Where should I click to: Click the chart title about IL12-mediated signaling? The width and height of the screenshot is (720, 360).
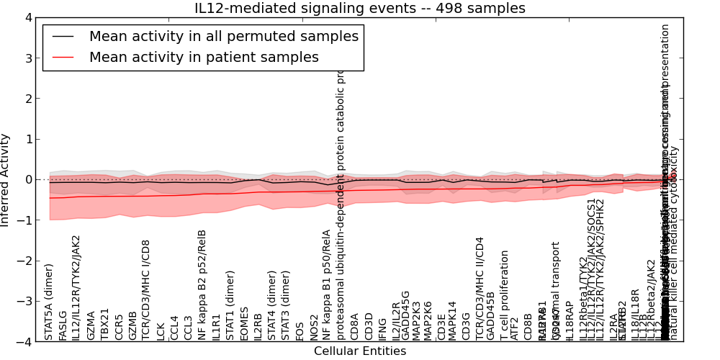pyautogui.click(x=360, y=9)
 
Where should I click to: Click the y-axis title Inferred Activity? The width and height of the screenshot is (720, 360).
pyautogui.click(x=6, y=179)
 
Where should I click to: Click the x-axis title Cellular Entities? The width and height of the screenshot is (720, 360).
pyautogui.click(x=360, y=351)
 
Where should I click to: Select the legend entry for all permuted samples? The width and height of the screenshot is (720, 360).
pyautogui.click(x=223, y=37)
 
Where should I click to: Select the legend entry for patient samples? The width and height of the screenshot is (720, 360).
pyautogui.click(x=204, y=58)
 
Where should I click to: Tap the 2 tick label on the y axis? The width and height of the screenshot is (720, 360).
pyautogui.click(x=29, y=99)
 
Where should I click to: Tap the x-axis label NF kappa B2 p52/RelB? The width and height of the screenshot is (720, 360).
pyautogui.click(x=202, y=284)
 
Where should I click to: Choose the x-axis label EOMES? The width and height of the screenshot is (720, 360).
pyautogui.click(x=245, y=323)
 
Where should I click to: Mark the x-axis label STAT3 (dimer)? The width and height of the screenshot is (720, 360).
pyautogui.click(x=286, y=305)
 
